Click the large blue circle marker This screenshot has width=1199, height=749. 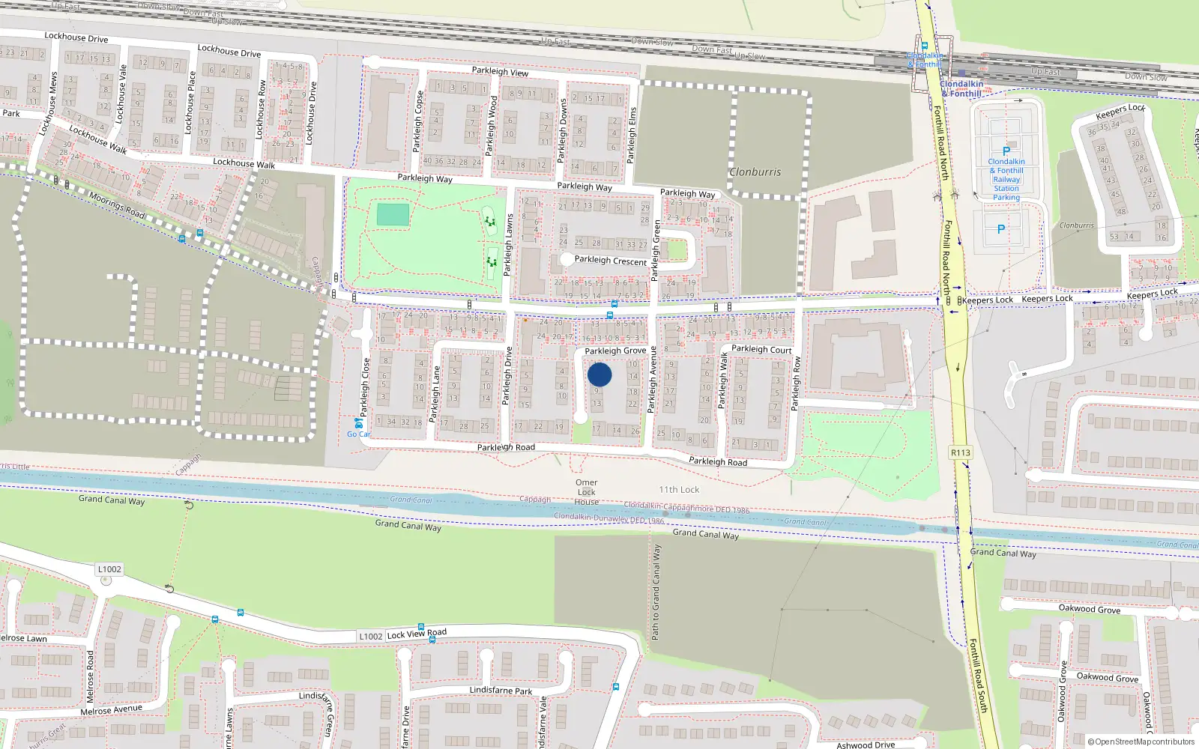point(599,374)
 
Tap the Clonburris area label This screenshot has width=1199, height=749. point(755,172)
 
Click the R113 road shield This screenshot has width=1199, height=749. point(960,452)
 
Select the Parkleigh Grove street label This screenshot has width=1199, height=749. point(615,351)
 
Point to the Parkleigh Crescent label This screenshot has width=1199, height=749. point(610,261)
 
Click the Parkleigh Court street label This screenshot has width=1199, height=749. point(761,349)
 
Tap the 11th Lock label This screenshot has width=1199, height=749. point(679,490)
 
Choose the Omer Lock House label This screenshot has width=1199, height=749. point(587,492)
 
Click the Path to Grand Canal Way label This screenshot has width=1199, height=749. point(656,592)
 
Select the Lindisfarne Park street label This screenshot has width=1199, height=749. point(501,691)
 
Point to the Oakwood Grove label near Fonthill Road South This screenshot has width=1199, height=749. point(1089,609)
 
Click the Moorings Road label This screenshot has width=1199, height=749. point(117,205)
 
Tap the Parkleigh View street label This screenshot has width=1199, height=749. point(500,72)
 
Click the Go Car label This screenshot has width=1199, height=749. point(358,434)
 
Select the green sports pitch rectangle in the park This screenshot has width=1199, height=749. point(393,215)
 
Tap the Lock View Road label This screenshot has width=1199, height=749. point(417,634)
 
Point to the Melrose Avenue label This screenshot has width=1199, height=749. point(111,709)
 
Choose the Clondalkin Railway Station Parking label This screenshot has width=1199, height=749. point(1006,180)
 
